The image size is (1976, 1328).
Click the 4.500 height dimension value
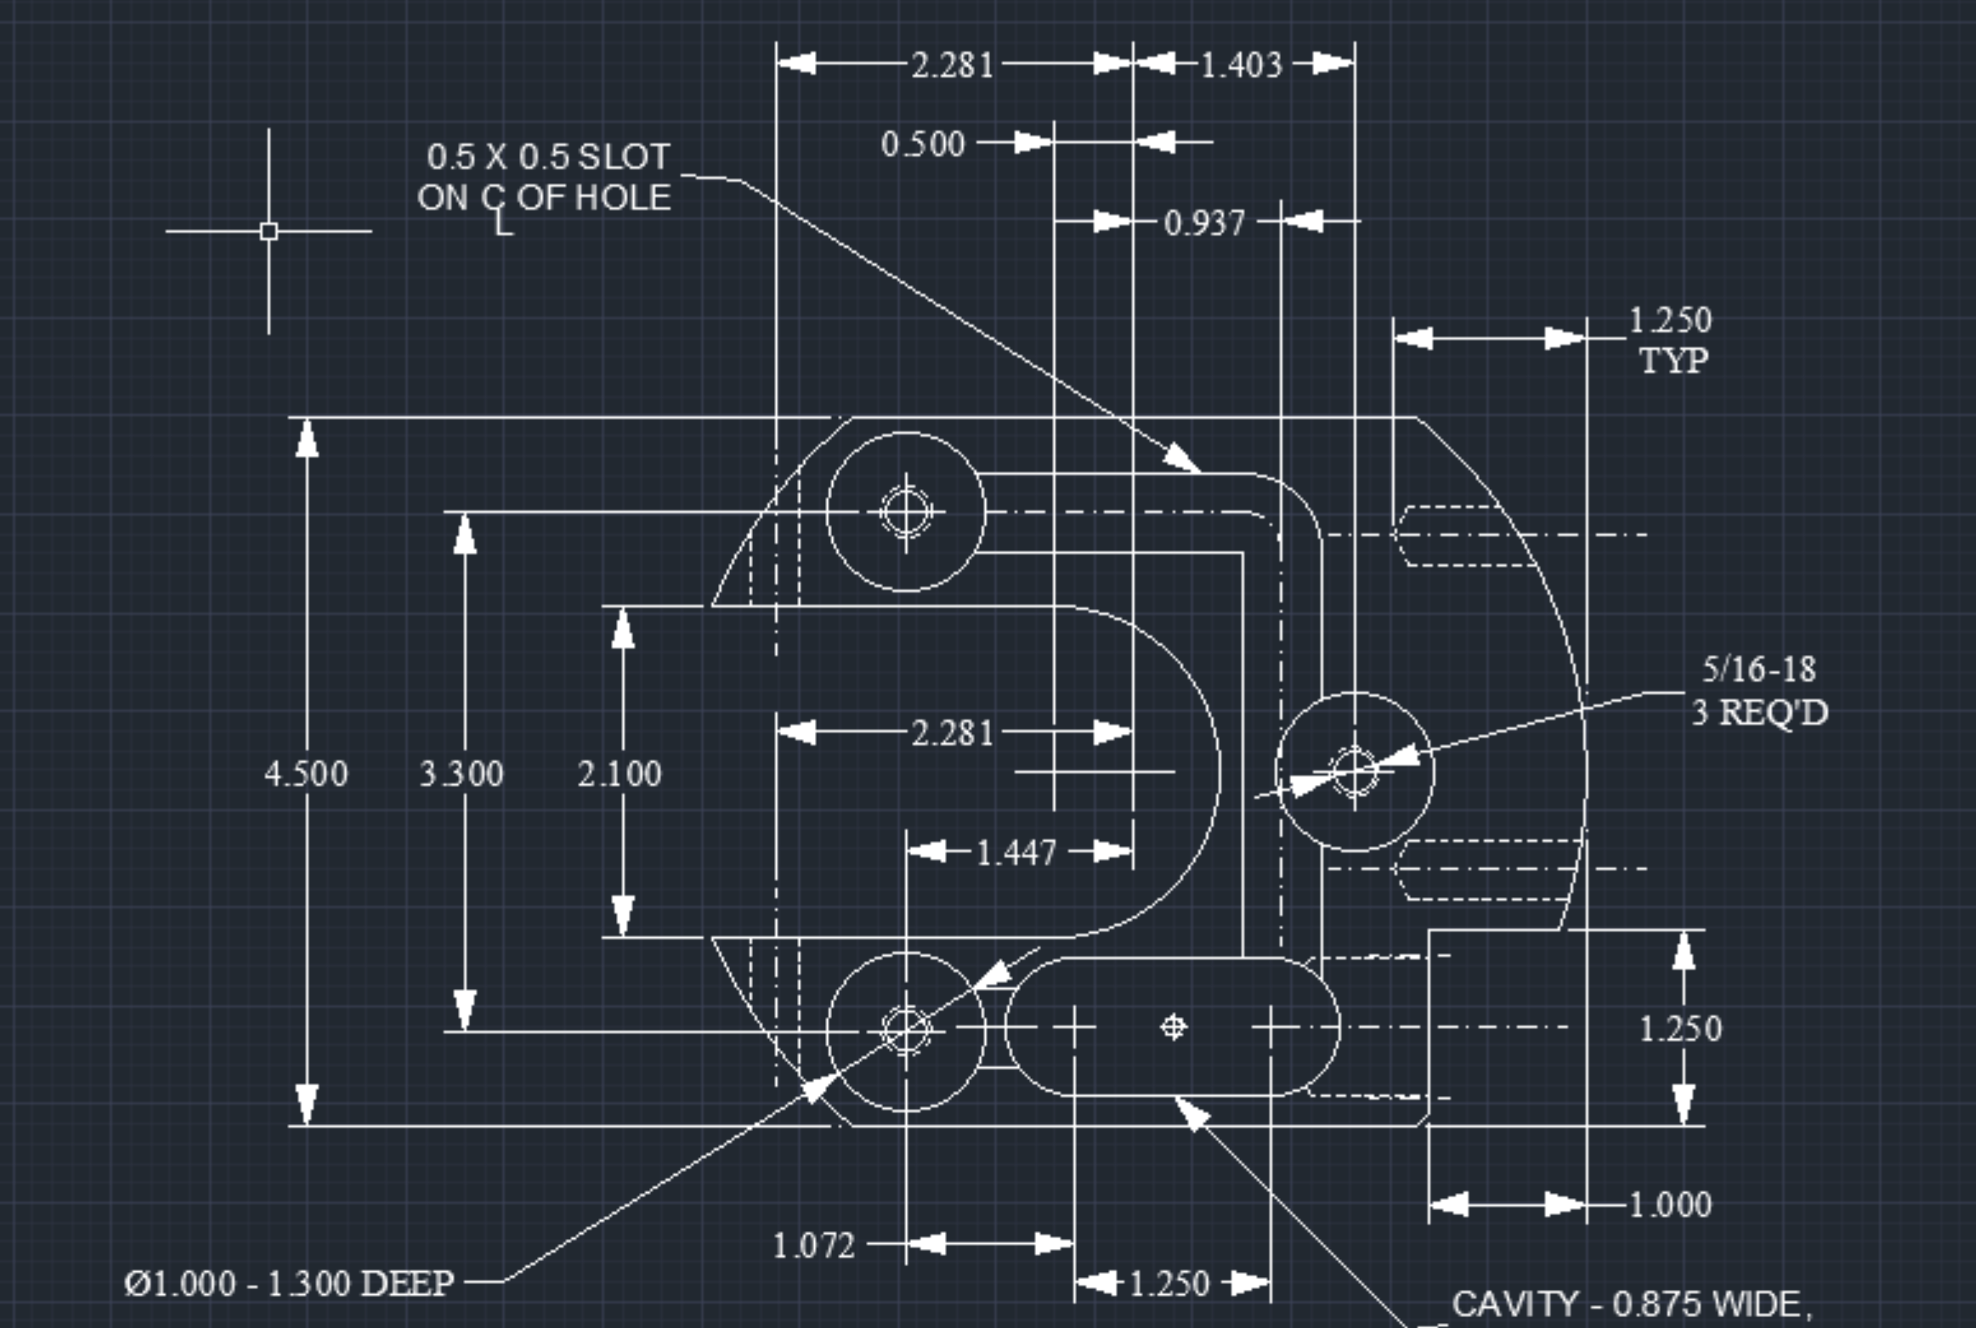point(306,774)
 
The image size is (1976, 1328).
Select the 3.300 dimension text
point(462,774)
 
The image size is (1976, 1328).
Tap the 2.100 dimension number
point(619,774)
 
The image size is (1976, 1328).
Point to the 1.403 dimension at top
point(1241,65)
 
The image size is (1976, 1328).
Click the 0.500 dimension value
point(923,144)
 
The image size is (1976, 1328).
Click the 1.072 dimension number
point(814,1246)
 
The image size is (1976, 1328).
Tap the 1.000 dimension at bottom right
point(1670,1204)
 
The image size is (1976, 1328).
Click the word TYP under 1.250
point(1674,361)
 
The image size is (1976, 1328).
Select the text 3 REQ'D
point(1760,712)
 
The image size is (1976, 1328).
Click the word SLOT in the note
point(624,157)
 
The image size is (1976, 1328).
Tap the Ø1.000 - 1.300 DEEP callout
point(289,1284)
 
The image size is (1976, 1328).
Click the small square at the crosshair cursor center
point(268,231)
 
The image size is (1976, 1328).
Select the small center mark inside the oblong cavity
point(1173,1027)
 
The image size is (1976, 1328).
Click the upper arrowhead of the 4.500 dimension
point(307,439)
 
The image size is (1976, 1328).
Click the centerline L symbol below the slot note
point(503,224)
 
